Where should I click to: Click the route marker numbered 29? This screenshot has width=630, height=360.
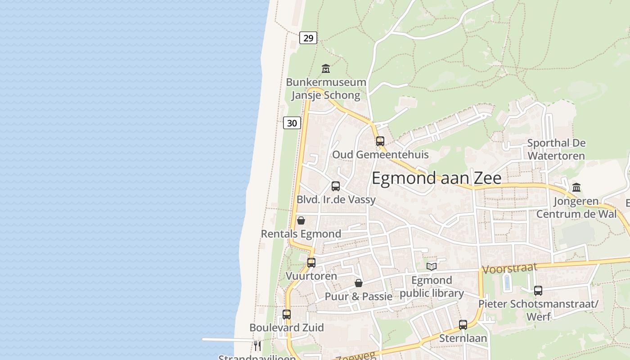pos(308,38)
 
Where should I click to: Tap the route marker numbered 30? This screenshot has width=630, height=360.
pos(292,123)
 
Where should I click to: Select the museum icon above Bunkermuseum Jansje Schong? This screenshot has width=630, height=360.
pos(326,68)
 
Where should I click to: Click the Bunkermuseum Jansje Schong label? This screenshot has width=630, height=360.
pos(326,89)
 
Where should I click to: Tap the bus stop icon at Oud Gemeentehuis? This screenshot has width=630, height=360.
pos(380,141)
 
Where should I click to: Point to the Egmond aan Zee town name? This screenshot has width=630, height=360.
pos(436,178)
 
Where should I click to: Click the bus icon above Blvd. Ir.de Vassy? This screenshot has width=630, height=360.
pos(336,186)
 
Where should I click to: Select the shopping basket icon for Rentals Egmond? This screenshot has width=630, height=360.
pos(301,220)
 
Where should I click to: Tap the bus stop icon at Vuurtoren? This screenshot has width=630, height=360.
pos(311,263)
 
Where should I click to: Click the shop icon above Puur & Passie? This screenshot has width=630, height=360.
pos(359,283)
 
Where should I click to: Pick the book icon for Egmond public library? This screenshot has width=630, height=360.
pos(432,266)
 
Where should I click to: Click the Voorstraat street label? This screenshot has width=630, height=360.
pos(509,269)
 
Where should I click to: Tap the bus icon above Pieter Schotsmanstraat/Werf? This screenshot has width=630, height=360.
pos(538,291)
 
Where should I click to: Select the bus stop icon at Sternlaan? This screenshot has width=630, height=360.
pos(463,325)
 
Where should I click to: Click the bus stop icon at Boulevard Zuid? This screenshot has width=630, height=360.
pos(287,315)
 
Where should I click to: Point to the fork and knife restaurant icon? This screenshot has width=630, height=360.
pos(257,346)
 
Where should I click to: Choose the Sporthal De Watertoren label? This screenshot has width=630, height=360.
pos(556,149)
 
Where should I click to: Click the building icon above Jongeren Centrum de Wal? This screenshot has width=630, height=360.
pos(576,187)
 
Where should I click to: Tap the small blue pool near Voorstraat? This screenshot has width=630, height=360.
pos(507,283)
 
